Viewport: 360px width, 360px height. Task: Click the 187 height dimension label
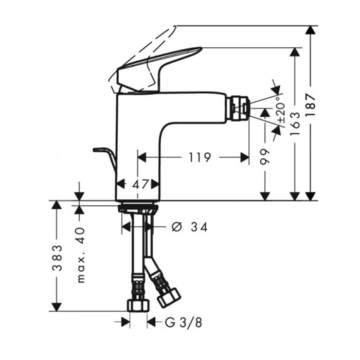(x=311, y=105)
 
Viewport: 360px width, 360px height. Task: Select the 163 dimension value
(x=295, y=123)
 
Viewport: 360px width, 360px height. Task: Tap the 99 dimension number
(x=265, y=156)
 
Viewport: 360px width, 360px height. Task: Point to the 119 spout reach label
(x=200, y=157)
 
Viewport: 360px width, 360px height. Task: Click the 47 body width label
(x=140, y=184)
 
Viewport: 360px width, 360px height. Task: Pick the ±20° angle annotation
(x=281, y=110)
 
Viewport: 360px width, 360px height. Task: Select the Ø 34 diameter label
(x=189, y=227)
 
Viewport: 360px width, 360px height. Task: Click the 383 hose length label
(x=58, y=258)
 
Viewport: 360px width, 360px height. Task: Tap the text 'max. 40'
(x=81, y=255)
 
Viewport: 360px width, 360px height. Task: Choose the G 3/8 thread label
(x=184, y=322)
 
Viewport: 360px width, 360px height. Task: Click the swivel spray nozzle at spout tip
(x=239, y=108)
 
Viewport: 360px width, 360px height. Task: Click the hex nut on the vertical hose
(x=138, y=305)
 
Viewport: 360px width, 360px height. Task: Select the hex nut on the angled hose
(x=169, y=298)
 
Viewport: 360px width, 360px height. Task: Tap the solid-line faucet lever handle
(x=158, y=69)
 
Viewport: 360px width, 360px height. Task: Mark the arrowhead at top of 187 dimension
(x=310, y=30)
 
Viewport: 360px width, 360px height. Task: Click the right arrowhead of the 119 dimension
(x=245, y=157)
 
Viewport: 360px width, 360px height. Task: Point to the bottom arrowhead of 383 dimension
(x=57, y=307)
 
